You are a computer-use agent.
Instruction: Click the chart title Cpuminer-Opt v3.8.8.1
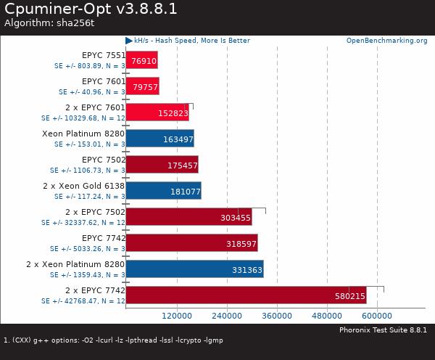coord(90,9)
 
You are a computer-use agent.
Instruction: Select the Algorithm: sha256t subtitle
coord(49,23)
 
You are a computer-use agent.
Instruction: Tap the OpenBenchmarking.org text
coord(386,41)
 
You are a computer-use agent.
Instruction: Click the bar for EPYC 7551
coord(141,60)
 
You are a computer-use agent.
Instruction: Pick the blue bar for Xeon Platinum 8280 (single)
coord(159,138)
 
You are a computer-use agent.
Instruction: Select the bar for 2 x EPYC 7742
coord(246,295)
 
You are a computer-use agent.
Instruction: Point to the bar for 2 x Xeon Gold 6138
coord(163,191)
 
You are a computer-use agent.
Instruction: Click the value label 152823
coord(173,113)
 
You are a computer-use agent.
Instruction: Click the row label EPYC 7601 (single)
coord(103,81)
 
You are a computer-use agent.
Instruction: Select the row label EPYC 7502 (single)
coord(103,160)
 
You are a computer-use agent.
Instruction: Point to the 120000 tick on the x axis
coord(176,316)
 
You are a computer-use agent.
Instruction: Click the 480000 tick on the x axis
coord(327,316)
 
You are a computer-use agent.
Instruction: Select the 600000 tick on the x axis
coord(378,316)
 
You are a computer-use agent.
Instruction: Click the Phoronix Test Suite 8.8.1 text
coord(383,330)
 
